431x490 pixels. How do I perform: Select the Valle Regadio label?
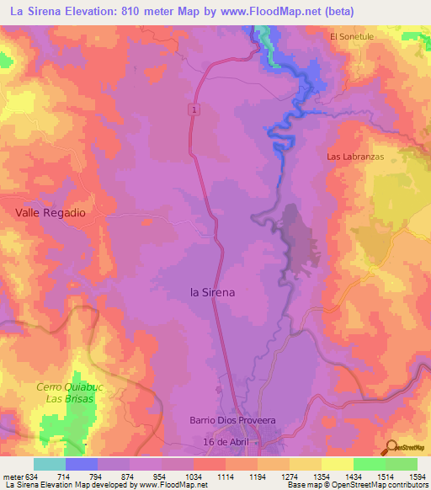(x=51, y=213)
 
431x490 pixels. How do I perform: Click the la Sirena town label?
(x=213, y=292)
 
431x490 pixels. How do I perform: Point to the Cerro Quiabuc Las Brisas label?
(x=65, y=392)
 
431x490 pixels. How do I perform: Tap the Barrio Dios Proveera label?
(x=226, y=420)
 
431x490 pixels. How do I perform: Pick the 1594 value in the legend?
(x=407, y=476)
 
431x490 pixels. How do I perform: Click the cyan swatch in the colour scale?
(x=50, y=464)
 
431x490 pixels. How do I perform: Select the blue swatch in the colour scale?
(x=82, y=464)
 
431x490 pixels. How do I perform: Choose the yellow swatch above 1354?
(x=337, y=464)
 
